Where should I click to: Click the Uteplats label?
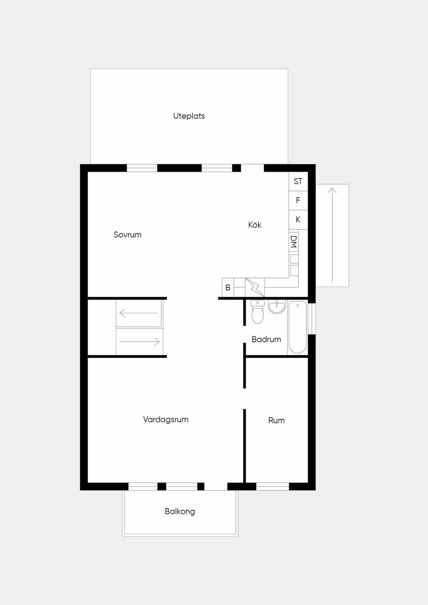[x=189, y=116]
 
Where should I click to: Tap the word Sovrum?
[x=127, y=234]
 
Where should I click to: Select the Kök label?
[x=255, y=225]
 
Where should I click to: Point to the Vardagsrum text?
[x=166, y=419]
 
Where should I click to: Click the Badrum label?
[x=266, y=339]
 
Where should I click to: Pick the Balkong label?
[x=180, y=511]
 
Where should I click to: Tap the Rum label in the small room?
[x=276, y=420]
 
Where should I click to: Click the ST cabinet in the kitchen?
[x=298, y=181]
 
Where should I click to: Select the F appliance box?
[x=298, y=201]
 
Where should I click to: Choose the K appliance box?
[x=298, y=220]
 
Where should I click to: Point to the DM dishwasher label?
[x=294, y=242]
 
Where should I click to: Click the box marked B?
[x=228, y=287]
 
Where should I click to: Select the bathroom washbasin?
[x=277, y=307]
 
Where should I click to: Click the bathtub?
[x=298, y=327]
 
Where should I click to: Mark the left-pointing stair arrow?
[x=139, y=313]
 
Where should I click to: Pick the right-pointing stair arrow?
[x=140, y=342]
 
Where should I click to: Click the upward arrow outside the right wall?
[x=332, y=235]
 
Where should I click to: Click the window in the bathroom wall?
[x=312, y=319]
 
